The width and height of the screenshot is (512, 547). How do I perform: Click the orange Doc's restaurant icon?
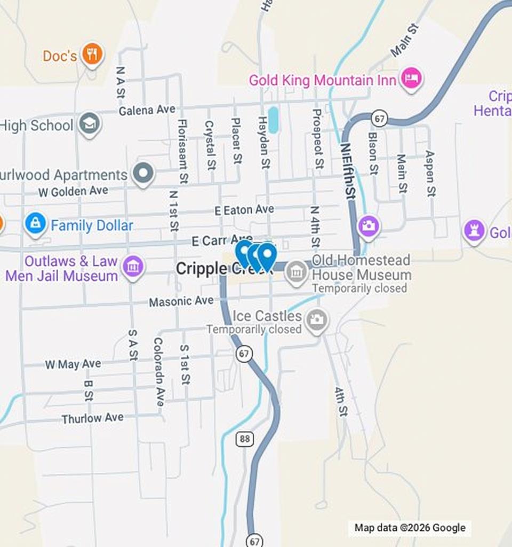[92, 54]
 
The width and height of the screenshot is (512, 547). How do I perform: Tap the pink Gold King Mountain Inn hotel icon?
[411, 79]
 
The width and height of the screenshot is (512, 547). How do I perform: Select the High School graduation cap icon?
[89, 124]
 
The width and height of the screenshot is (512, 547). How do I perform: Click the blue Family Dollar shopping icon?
[35, 224]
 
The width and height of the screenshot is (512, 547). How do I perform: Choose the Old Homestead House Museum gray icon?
[296, 272]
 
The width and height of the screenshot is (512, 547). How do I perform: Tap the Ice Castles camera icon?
[317, 320]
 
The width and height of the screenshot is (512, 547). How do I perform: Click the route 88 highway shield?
[244, 439]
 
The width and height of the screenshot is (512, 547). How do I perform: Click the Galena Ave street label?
[147, 110]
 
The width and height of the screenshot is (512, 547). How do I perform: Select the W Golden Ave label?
[73, 191]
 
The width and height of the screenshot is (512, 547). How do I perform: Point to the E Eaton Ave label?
[244, 210]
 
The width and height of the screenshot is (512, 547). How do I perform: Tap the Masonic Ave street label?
[181, 302]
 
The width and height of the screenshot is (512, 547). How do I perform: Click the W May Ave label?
[73, 364]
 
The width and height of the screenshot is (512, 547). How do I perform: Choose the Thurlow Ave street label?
[92, 418]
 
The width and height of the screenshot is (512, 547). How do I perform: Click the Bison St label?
[373, 153]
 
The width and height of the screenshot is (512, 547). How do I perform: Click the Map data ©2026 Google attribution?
[410, 528]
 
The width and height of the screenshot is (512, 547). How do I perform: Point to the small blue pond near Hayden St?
[273, 120]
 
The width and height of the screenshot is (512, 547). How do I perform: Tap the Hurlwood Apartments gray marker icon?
[143, 174]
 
